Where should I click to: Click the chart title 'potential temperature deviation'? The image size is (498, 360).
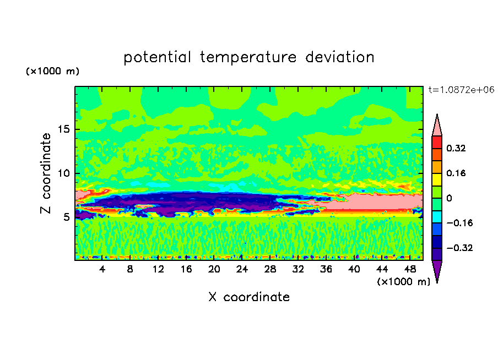[x=248, y=57]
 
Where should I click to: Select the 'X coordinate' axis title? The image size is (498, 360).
[x=249, y=297]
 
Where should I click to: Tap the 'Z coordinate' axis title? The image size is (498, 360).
[x=46, y=173]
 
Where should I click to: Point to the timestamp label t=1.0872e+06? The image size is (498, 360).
[x=462, y=89]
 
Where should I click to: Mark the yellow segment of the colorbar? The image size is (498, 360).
[x=437, y=178]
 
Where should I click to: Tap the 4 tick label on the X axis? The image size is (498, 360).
[x=102, y=270]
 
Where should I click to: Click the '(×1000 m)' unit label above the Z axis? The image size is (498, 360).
[x=52, y=72]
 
